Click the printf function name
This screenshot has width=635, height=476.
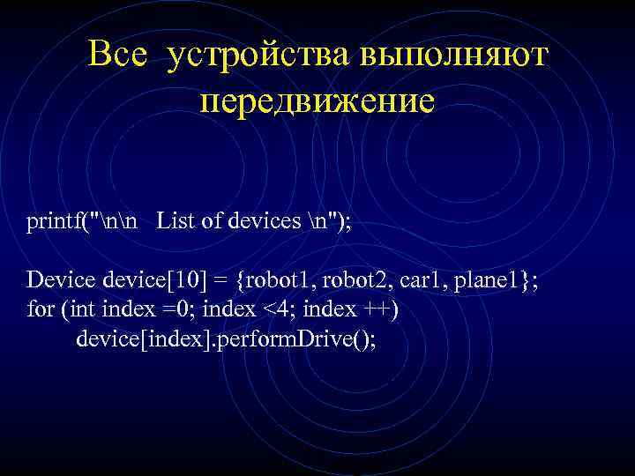[x=54, y=220]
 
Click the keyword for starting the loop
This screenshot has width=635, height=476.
[x=39, y=310]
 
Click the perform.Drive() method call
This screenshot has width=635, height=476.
[x=296, y=340]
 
